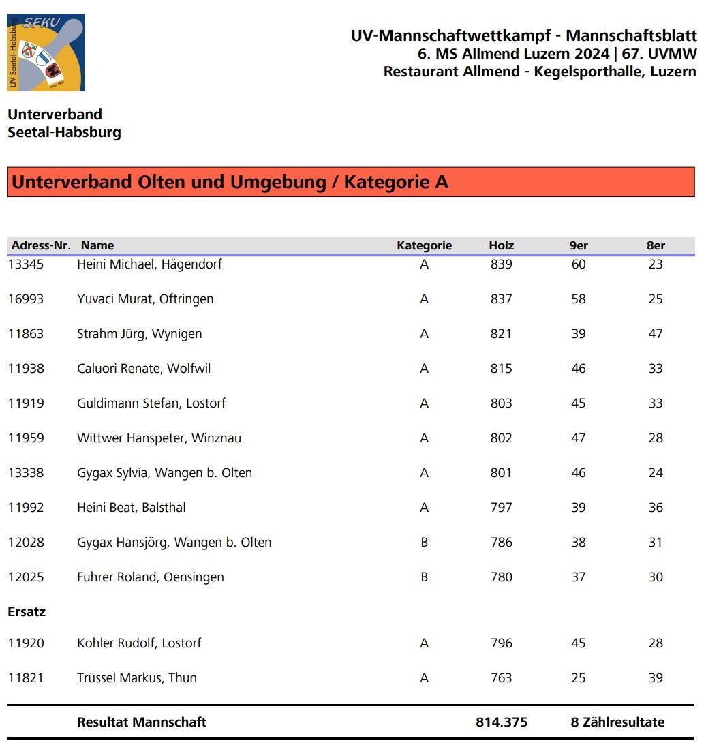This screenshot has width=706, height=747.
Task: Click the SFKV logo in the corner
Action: coord(46,52)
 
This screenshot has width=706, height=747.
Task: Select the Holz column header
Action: coord(501,245)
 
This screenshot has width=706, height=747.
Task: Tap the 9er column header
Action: coord(579,245)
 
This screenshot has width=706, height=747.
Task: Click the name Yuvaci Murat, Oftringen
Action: coord(145,299)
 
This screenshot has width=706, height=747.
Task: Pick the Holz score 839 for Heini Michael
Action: coord(501,264)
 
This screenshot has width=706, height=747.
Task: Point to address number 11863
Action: coord(26,333)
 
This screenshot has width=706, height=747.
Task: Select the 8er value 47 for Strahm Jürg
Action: coord(656,333)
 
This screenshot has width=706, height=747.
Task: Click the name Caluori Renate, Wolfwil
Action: coord(144,368)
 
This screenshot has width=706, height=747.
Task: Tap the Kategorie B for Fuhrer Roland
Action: coord(424,577)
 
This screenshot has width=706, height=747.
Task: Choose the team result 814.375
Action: coord(502,722)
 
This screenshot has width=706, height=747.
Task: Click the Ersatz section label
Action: coord(27,611)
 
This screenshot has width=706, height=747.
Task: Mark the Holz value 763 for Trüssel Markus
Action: coord(501,677)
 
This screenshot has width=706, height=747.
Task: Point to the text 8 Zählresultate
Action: coord(617,722)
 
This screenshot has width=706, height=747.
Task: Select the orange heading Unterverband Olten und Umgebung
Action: coord(230,182)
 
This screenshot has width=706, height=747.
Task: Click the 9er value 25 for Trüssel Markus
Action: coord(579,677)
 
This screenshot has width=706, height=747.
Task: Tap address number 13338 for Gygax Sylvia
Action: coord(26,472)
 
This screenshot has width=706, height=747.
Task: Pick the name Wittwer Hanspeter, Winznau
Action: coord(159,438)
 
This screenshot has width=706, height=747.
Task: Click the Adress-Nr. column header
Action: coord(41,245)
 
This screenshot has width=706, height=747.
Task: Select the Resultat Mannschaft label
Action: coord(142,722)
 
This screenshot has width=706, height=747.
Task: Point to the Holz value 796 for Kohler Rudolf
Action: coord(501,643)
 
